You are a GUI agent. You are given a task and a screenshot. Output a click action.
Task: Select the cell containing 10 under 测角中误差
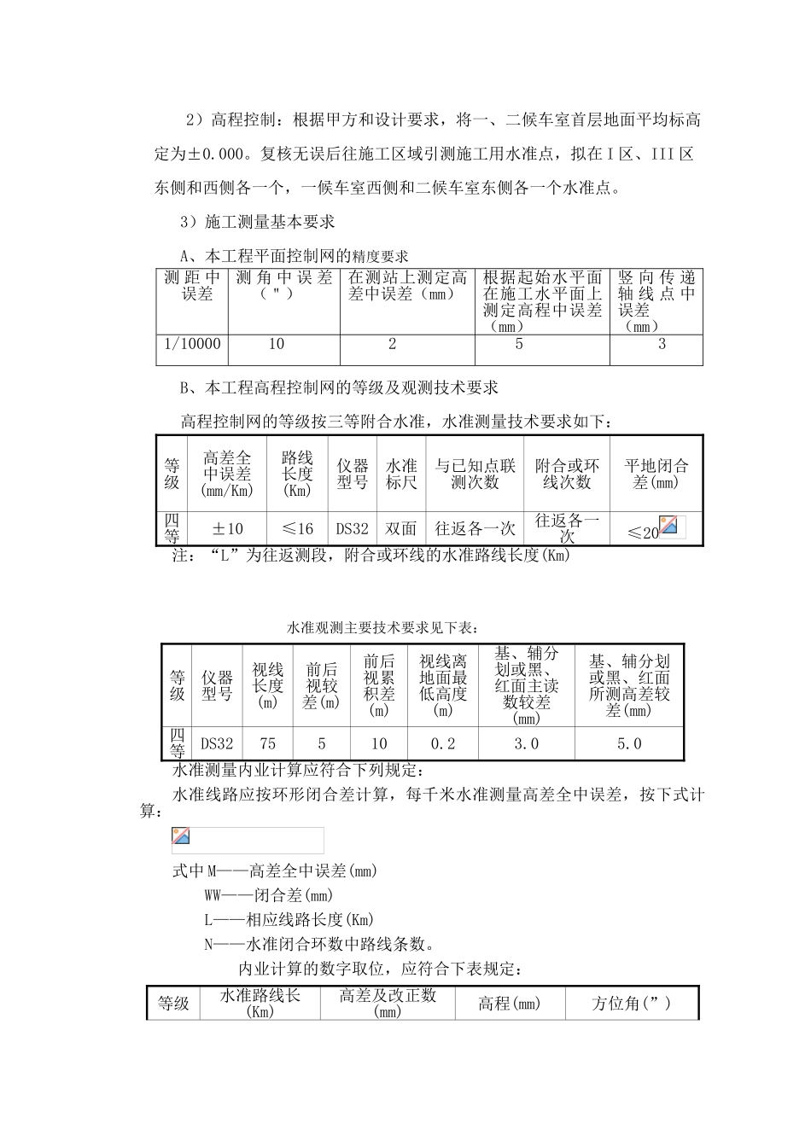[277, 345]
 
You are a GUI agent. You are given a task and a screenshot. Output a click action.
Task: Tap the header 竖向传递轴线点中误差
[656, 301]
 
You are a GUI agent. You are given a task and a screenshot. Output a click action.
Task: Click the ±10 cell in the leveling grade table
[228, 529]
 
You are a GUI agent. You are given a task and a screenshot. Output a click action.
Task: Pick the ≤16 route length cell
[297, 529]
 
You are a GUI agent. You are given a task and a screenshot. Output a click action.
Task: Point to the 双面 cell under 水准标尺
[401, 529]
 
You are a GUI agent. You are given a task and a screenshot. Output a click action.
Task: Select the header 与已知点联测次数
[476, 474]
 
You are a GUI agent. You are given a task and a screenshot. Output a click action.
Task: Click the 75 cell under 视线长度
[267, 744]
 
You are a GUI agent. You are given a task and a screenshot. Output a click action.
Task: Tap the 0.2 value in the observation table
[443, 744]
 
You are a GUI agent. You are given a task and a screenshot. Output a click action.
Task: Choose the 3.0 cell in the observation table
[526, 744]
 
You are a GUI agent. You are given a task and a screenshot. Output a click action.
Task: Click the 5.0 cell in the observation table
[629, 744]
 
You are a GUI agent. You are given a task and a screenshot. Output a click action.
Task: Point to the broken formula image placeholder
[181, 837]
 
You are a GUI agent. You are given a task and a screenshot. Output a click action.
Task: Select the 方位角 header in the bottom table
[632, 1004]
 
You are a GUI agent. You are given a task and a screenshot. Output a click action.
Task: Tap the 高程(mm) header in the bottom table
[510, 1004]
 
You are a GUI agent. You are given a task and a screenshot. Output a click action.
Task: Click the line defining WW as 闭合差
[269, 895]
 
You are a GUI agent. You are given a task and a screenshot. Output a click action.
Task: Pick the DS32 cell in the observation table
[217, 744]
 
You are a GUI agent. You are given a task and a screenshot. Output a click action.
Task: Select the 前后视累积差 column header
[379, 685]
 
